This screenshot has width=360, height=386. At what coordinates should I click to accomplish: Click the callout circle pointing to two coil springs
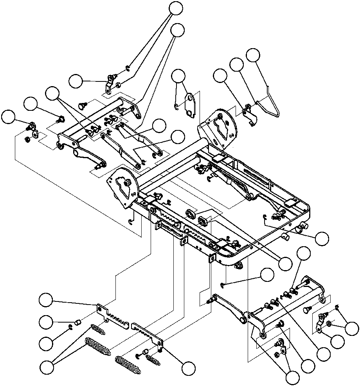coord(47,368)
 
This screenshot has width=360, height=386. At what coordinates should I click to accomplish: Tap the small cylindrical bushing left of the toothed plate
coord(77,323)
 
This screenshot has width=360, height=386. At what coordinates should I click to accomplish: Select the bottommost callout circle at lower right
coord(293,378)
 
